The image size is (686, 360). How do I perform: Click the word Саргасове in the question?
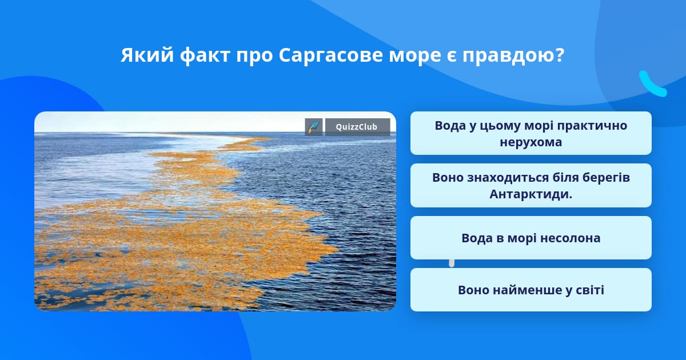click(331, 56)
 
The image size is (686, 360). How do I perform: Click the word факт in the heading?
click(205, 56)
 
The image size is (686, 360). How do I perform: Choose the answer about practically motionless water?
click(531, 133)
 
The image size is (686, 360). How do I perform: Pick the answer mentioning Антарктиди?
click(531, 185)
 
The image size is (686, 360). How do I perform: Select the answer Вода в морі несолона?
click(531, 238)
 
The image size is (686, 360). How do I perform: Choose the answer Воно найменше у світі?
click(531, 290)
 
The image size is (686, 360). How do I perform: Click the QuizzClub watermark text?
click(357, 127)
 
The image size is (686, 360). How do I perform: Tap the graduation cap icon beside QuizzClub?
click(314, 127)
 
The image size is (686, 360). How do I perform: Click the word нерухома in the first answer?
click(531, 142)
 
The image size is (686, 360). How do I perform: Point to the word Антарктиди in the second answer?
click(530, 194)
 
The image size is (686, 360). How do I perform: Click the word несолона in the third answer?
click(569, 238)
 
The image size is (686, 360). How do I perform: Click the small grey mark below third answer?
click(452, 263)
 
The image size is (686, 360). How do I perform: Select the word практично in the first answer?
click(592, 126)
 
